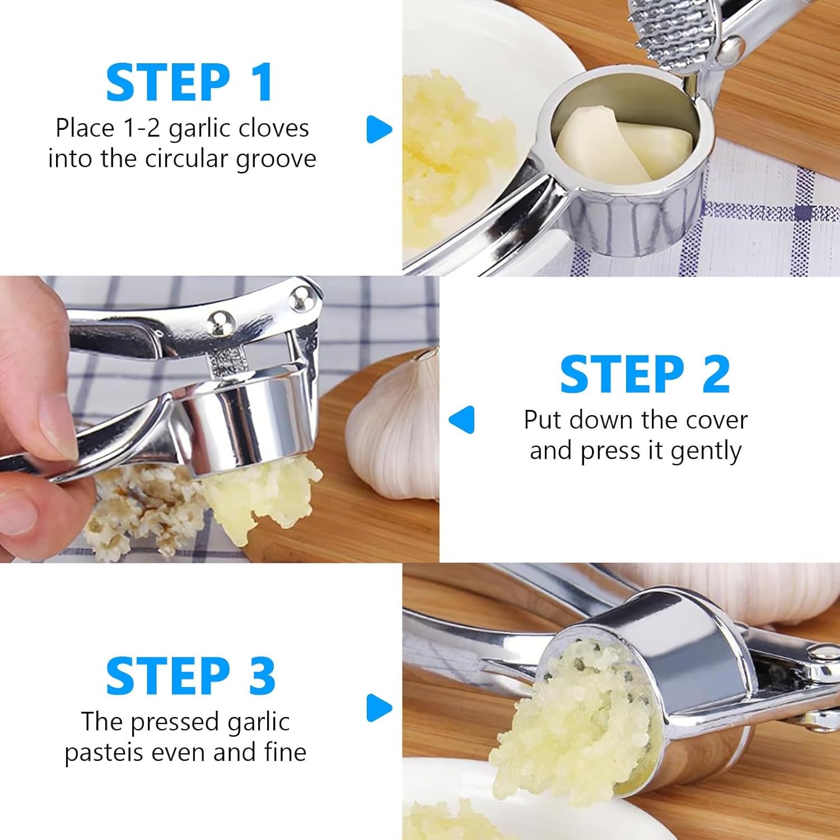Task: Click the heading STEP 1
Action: (189, 82)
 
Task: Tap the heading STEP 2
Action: (645, 374)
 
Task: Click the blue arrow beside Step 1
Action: (379, 129)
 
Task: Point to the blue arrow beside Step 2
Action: (461, 419)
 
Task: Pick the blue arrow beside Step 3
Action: (379, 708)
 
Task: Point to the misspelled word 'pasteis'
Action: (105, 753)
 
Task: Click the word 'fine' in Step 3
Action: (286, 752)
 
